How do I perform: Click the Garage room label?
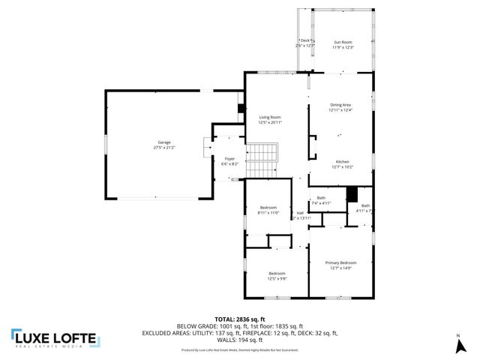click(163, 142)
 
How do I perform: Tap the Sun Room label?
click(343, 43)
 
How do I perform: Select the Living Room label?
click(270, 118)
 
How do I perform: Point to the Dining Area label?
click(340, 105)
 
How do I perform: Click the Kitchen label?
click(342, 163)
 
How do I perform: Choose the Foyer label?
click(229, 159)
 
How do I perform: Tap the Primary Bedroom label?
click(340, 262)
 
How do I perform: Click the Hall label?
click(300, 213)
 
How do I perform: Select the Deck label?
click(304, 40)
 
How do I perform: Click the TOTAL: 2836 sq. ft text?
click(239, 319)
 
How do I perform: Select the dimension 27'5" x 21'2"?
click(163, 148)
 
